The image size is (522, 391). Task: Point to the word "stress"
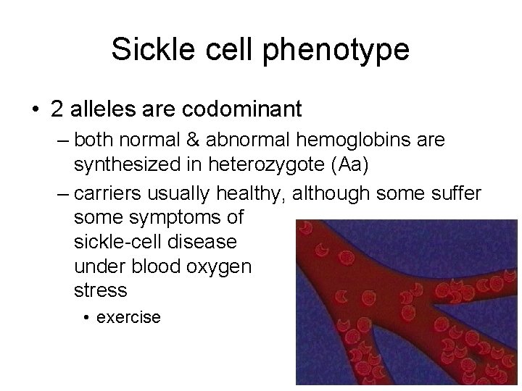pos(101,291)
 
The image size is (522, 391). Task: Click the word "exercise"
pos(128,317)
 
